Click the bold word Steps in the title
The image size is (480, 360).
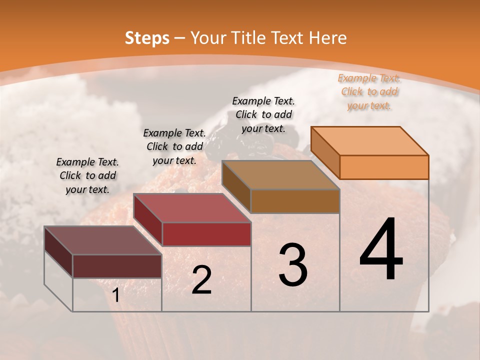coord(147,38)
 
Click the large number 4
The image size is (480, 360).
coord(381,249)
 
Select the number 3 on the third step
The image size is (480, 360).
coord(293,264)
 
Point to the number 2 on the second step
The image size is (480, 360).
coord(201,280)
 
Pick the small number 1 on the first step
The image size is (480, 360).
coord(116,295)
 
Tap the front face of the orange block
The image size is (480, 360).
coord(384,167)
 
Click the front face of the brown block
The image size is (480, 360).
coord(295,201)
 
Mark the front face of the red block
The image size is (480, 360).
coord(206,234)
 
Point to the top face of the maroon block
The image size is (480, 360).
coord(103,240)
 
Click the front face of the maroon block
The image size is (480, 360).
coord(117,266)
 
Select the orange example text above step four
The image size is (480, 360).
coord(369,91)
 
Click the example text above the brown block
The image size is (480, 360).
coord(263,114)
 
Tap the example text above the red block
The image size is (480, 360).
coord(174,146)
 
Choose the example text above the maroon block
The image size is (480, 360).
coord(87,175)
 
